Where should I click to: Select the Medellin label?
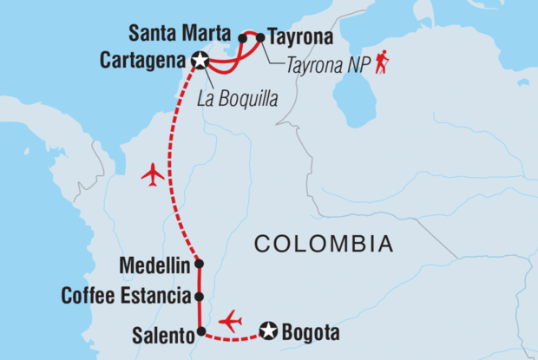pyautogui.click(x=158, y=264)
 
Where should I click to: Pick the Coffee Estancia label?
pyautogui.click(x=125, y=297)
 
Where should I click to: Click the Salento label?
pyautogui.click(x=163, y=331)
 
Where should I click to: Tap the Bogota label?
pyautogui.click(x=310, y=331)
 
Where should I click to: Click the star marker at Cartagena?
pyautogui.click(x=201, y=61)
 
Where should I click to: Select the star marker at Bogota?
pyautogui.click(x=269, y=331)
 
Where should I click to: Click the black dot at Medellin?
pyautogui.click(x=200, y=264)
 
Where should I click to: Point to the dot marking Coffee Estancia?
pyautogui.click(x=200, y=297)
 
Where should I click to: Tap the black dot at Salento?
pyautogui.click(x=200, y=331)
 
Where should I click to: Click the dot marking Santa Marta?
pyautogui.click(x=243, y=37)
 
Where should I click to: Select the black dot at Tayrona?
pyautogui.click(x=260, y=37)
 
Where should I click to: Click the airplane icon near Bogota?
pyautogui.click(x=231, y=320)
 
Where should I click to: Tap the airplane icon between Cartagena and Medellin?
pyautogui.click(x=153, y=174)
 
